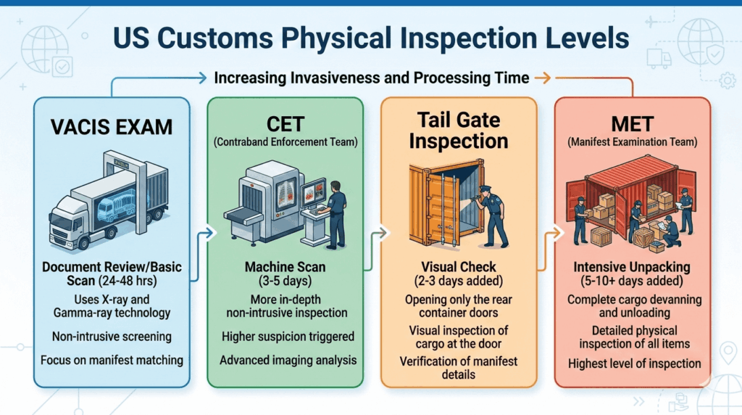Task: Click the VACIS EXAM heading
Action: (112, 128)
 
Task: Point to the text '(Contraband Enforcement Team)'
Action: (285, 143)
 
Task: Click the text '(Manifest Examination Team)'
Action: (633, 143)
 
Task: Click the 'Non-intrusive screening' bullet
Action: (112, 336)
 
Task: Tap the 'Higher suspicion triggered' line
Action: (285, 336)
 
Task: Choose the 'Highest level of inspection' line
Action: (633, 363)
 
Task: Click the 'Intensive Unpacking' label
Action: (633, 268)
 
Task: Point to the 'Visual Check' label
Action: (459, 268)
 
